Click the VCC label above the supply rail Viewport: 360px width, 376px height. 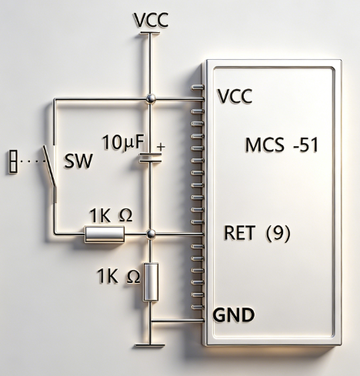click(151, 20)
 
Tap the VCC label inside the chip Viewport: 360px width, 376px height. click(235, 96)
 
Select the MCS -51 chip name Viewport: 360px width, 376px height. click(282, 145)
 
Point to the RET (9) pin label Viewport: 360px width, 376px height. click(257, 233)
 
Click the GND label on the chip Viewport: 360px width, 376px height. click(234, 314)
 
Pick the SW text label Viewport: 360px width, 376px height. click(78, 161)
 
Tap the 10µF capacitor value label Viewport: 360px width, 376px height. click(123, 142)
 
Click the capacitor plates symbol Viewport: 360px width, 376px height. click(150, 158)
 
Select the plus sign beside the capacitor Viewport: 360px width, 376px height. click(161, 147)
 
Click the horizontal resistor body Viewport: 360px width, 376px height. click(105, 234)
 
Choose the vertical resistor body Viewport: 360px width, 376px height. click(151, 281)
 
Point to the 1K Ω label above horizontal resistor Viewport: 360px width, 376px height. click(111, 215)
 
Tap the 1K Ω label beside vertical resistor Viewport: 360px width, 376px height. click(118, 276)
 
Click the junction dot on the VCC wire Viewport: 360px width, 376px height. click(151, 98)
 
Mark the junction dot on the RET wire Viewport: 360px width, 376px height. click(151, 234)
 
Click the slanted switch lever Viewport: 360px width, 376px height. click(49, 166)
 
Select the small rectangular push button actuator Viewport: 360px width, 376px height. click(13, 161)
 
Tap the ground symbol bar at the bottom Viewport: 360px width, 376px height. click(150, 346)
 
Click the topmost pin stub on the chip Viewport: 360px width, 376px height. click(198, 88)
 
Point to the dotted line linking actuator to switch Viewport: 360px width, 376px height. click(32, 161)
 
